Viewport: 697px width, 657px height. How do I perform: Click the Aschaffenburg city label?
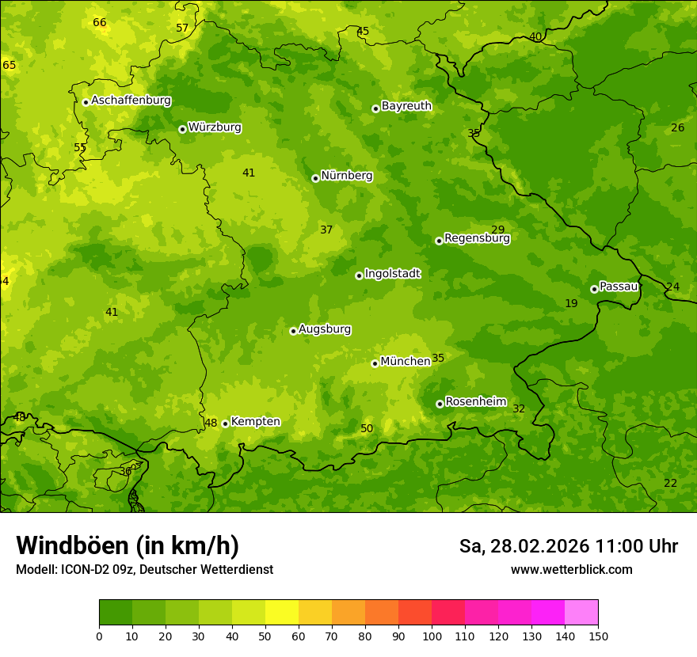[x=131, y=101]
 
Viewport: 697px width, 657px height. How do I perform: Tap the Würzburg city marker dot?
[x=182, y=129]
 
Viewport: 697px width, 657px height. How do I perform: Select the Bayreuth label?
[x=406, y=106]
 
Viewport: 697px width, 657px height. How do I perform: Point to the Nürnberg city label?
[x=346, y=176]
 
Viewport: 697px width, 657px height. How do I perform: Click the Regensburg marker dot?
[x=439, y=241]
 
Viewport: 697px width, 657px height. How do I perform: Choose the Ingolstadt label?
[x=392, y=274]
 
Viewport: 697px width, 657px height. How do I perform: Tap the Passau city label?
[x=619, y=287]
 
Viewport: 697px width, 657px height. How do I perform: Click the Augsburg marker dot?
[x=293, y=331]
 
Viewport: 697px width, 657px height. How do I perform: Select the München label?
[x=405, y=362]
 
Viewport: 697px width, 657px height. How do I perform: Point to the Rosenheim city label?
[x=475, y=402]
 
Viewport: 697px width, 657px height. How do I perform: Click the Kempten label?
[x=255, y=422]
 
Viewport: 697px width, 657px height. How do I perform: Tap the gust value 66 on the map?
[x=100, y=22]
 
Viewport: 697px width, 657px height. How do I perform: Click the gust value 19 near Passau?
[x=571, y=303]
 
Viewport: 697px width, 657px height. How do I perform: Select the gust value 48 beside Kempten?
[x=211, y=423]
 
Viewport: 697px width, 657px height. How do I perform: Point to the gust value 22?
[x=670, y=483]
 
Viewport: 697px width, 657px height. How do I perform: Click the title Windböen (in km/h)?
[x=128, y=545]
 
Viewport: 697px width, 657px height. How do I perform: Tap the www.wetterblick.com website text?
[x=571, y=569]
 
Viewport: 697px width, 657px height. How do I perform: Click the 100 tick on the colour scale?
[x=432, y=636]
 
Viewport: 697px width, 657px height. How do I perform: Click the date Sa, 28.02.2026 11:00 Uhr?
[x=568, y=546]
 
